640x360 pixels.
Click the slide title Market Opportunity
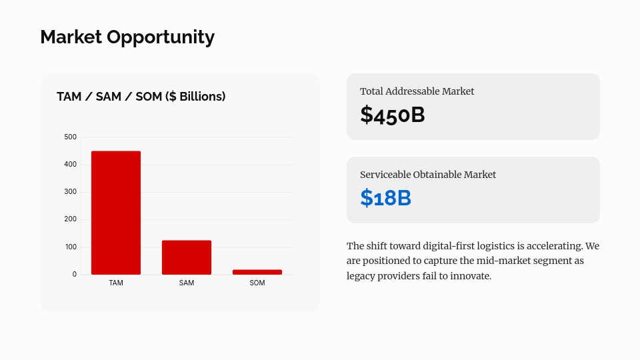pyautogui.click(x=127, y=37)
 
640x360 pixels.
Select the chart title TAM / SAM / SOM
pyautogui.click(x=141, y=97)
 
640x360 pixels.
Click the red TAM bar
pyautogui.click(x=116, y=213)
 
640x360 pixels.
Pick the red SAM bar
pyautogui.click(x=187, y=257)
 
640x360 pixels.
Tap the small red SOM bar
pyautogui.click(x=257, y=272)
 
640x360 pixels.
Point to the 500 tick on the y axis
pyautogui.click(x=70, y=137)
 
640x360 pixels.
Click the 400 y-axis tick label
pyautogui.click(x=70, y=165)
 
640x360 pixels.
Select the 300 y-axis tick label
pyautogui.click(x=70, y=192)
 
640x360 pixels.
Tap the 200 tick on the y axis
pyautogui.click(x=70, y=219)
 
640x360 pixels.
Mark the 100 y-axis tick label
pyautogui.click(x=70, y=247)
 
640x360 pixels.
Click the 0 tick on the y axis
pyautogui.click(x=74, y=275)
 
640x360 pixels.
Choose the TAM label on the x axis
pyautogui.click(x=116, y=283)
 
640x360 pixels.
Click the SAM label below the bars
pyautogui.click(x=187, y=283)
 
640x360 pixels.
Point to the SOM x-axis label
pyautogui.click(x=257, y=283)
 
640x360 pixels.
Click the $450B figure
pyautogui.click(x=393, y=115)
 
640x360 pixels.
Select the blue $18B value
pyautogui.click(x=386, y=199)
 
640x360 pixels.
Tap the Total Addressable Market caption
pyautogui.click(x=417, y=91)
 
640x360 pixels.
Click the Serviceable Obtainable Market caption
pyautogui.click(x=428, y=175)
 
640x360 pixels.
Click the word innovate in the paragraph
pyautogui.click(x=470, y=276)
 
